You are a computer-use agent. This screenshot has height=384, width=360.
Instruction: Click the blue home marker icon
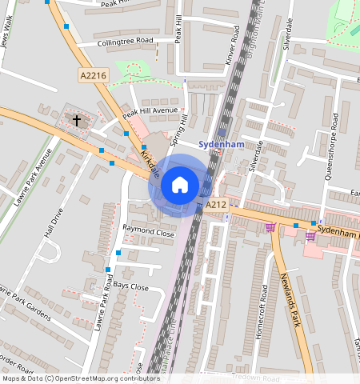pyautogui.click(x=180, y=185)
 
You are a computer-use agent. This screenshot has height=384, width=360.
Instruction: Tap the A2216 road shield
pyautogui.click(x=94, y=75)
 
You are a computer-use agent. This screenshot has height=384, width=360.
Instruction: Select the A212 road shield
pyautogui.click(x=215, y=206)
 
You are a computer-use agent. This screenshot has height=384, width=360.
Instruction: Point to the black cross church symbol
pyautogui.click(x=78, y=121)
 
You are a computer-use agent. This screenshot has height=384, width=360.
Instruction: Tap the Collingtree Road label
pyautogui.click(x=124, y=40)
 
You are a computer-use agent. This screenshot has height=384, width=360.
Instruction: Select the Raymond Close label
pyautogui.click(x=148, y=232)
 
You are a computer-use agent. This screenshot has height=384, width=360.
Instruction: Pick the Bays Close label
pyautogui.click(x=130, y=286)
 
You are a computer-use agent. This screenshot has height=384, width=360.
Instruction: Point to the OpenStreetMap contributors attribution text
pyautogui.click(x=80, y=378)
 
